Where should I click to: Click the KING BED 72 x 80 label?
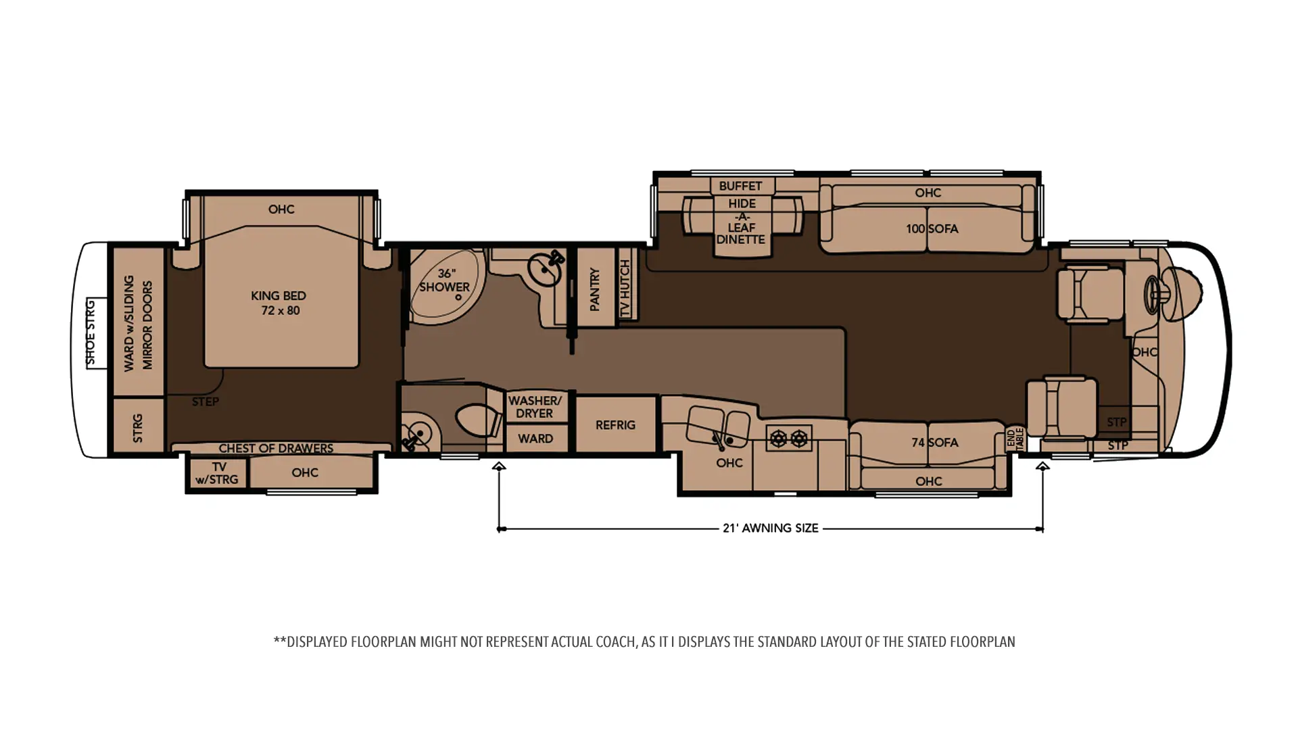279,303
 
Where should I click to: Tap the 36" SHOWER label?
444,280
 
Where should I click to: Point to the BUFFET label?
740,186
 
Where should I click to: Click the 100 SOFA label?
932,228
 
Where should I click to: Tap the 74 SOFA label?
934,443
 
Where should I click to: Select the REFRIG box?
615,424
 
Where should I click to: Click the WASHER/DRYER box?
535,407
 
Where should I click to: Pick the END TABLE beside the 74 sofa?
1016,439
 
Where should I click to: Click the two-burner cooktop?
789,439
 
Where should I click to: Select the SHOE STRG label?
91,333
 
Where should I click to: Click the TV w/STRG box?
218,473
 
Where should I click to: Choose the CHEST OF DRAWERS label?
276,448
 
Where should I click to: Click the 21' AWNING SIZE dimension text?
771,528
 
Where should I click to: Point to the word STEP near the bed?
205,401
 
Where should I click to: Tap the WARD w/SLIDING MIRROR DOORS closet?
139,322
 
